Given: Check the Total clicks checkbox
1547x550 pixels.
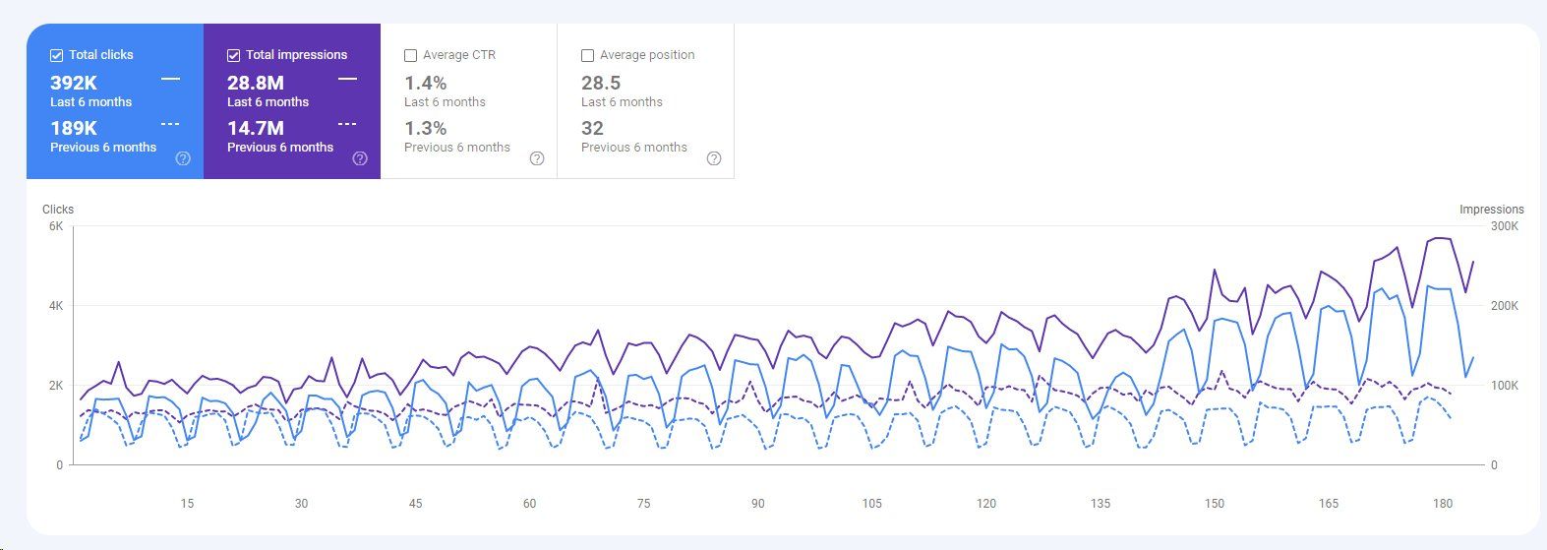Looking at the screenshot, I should (x=57, y=56).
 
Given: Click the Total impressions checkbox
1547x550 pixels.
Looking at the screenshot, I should (x=234, y=56).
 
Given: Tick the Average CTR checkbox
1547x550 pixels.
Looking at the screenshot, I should (x=411, y=56).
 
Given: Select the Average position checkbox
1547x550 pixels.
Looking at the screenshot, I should (x=588, y=56).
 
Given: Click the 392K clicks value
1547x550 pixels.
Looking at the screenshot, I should (x=74, y=84).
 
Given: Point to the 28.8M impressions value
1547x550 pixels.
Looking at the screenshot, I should (x=256, y=84).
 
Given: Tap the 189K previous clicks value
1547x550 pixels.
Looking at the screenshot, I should (x=74, y=129).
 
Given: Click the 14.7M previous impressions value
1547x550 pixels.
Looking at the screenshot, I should (x=256, y=129).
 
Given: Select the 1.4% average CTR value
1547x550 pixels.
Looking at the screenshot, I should (x=426, y=84).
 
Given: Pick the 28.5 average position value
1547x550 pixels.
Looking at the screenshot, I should (x=601, y=84).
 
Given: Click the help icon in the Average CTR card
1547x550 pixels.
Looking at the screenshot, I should (x=537, y=158).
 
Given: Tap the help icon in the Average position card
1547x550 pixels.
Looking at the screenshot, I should (x=714, y=158).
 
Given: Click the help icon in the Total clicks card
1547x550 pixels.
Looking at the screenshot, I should (x=183, y=158).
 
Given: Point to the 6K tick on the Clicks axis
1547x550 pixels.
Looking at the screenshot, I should (x=56, y=226).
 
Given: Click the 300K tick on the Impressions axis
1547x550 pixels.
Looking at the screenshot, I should (x=1505, y=226).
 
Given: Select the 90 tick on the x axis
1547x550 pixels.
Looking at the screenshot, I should (x=757, y=504).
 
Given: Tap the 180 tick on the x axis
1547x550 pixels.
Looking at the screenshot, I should (x=1443, y=504).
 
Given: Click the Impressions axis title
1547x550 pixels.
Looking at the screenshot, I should (x=1491, y=210).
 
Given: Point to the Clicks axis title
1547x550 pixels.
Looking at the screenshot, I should (x=58, y=210).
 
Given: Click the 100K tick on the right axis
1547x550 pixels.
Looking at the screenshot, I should (x=1505, y=386).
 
